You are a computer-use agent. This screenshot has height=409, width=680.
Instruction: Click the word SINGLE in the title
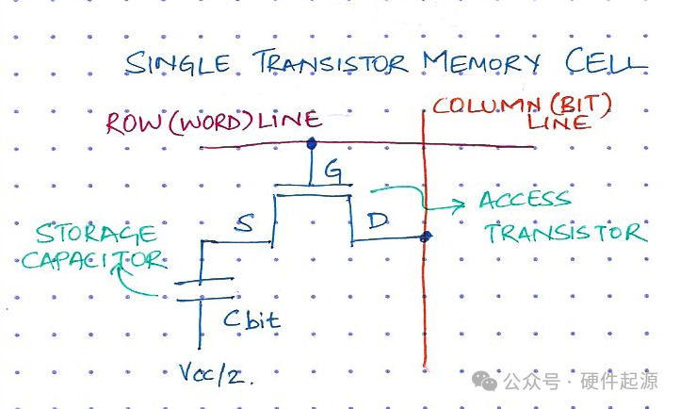coord(179,64)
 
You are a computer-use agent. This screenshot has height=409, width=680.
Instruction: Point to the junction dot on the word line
coord(312,144)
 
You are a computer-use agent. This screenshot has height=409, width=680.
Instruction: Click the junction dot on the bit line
coord(427,237)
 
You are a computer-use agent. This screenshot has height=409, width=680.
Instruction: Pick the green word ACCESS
coord(525,201)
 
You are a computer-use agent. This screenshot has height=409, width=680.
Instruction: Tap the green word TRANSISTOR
coord(566,232)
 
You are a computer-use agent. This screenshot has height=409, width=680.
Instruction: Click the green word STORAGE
coord(97,232)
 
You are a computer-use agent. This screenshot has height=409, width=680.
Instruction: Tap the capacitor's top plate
coord(202,279)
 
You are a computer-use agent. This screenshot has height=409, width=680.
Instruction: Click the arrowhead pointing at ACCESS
coord(461,203)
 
